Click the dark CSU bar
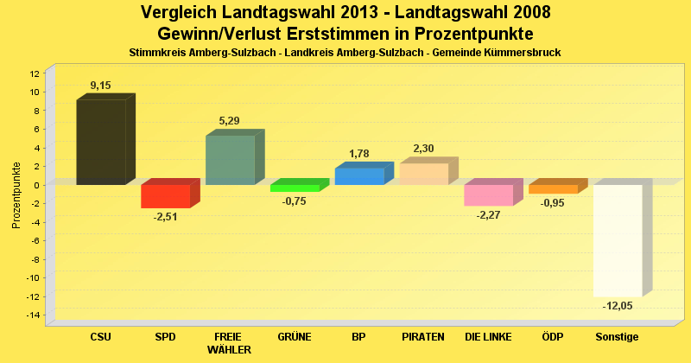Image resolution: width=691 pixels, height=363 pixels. click(x=101, y=142)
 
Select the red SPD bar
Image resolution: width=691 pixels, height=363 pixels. click(x=165, y=196)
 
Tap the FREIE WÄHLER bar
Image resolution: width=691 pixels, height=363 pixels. click(x=230, y=160)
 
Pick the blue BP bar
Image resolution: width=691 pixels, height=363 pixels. click(x=358, y=176)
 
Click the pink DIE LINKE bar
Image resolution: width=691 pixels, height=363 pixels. click(x=488, y=194)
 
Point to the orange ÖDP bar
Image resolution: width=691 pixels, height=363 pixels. click(x=553, y=188)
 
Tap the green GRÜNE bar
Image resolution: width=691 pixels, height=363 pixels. click(x=295, y=188)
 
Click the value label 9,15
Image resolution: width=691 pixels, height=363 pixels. click(x=101, y=86)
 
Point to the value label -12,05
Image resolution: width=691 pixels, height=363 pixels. click(x=617, y=307)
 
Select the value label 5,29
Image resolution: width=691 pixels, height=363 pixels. click(x=230, y=121)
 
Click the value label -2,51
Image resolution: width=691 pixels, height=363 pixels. click(x=165, y=217)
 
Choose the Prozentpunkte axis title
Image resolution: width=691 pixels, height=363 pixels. click(x=16, y=194)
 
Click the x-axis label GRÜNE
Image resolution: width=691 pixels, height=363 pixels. click(x=295, y=336)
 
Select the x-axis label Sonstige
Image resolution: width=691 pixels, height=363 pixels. click(x=617, y=336)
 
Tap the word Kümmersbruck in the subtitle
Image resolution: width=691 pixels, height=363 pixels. click(x=524, y=53)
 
